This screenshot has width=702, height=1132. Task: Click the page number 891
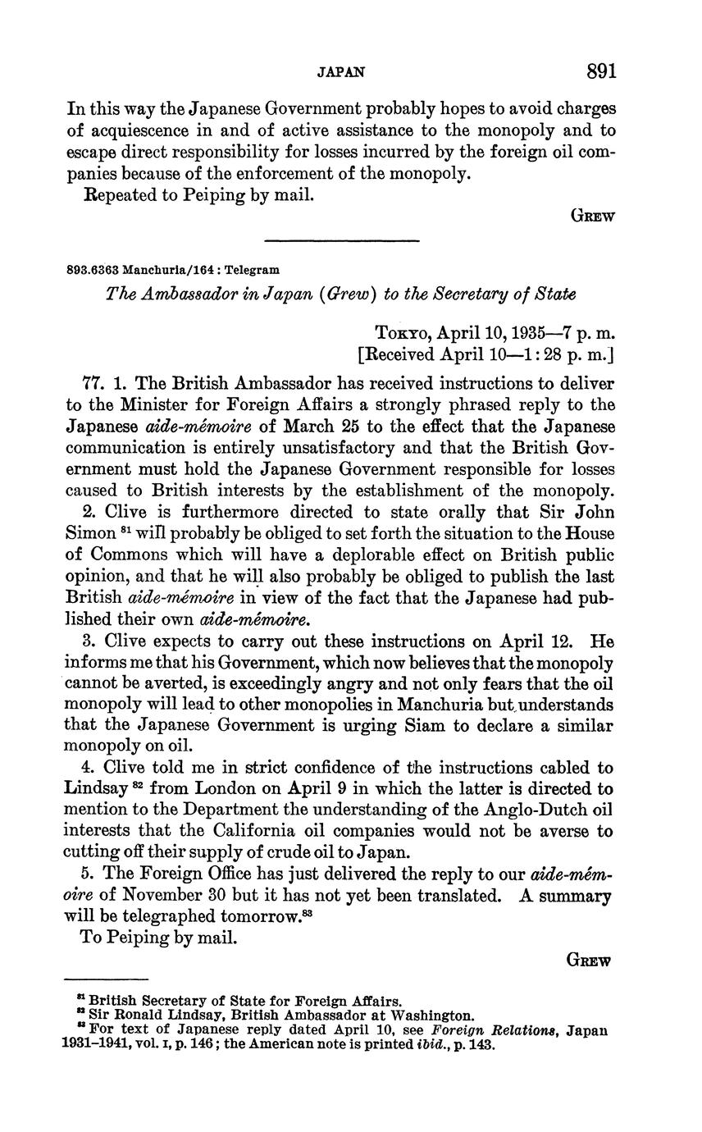click(x=601, y=71)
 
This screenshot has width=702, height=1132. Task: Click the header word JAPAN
click(x=340, y=73)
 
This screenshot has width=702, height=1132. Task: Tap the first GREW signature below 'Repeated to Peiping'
click(x=592, y=217)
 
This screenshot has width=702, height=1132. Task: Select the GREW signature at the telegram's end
click(x=589, y=961)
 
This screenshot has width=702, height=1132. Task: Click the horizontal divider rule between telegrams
click(x=342, y=240)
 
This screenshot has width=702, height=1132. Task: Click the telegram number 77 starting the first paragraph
click(x=94, y=383)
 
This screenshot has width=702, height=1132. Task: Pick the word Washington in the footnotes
click(x=431, y=1015)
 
